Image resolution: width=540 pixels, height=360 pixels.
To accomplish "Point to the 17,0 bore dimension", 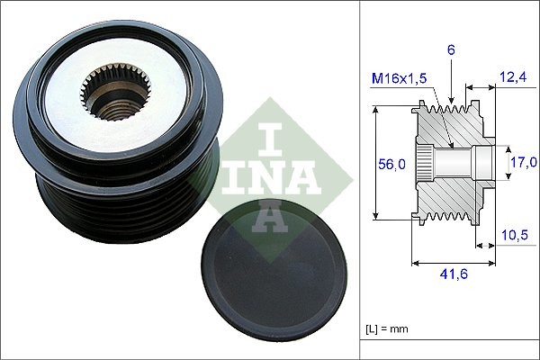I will pos(523,163).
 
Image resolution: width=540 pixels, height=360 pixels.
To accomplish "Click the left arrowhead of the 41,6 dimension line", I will pos(415,264).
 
